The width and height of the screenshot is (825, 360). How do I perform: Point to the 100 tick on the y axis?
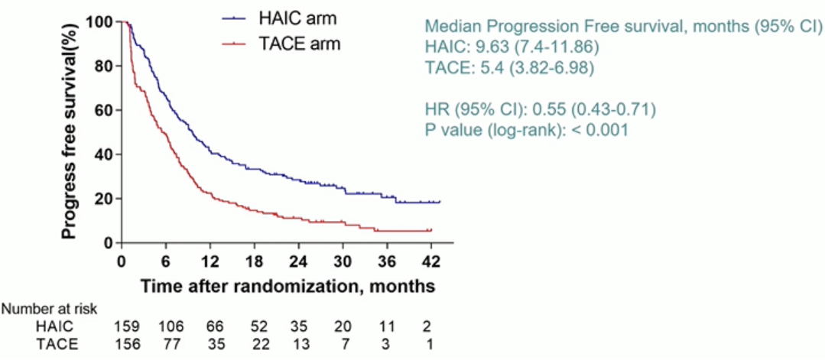tap(100, 21)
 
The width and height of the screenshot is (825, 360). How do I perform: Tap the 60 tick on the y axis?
tap(104, 110)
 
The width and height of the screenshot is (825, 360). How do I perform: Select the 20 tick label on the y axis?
tap(104, 199)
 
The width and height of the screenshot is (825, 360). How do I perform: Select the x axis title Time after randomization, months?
tap(287, 286)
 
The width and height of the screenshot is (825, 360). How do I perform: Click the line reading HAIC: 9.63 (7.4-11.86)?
tap(512, 47)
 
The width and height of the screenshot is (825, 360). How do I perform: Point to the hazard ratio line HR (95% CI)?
tap(539, 109)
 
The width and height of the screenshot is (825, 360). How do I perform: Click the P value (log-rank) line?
tap(526, 130)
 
